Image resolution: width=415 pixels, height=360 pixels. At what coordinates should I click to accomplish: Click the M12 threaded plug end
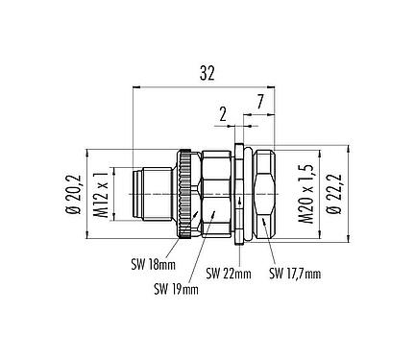[155, 196]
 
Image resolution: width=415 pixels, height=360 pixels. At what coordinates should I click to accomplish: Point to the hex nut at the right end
[264, 196]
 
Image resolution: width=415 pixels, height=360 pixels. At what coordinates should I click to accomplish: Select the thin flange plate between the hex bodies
[242, 196]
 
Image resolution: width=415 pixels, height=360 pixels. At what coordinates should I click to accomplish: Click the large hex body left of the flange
[217, 196]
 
